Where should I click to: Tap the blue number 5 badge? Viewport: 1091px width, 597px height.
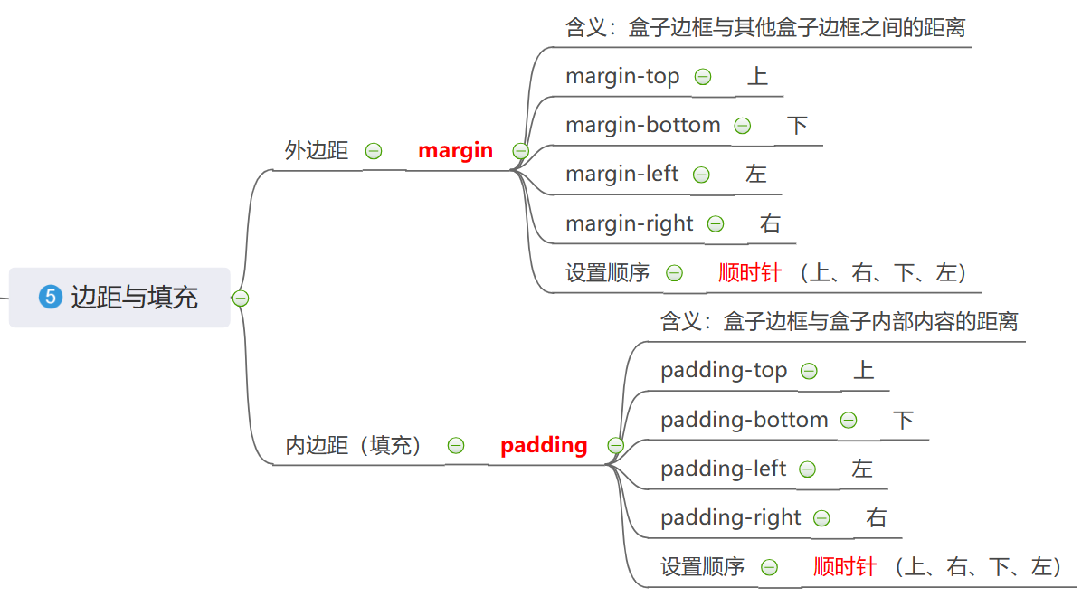50,297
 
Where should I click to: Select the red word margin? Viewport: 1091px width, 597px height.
455,151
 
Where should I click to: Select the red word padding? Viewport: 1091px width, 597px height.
544,445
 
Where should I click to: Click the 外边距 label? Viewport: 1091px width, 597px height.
317,151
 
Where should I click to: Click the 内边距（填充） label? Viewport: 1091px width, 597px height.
354,445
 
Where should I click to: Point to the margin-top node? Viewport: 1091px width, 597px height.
622,77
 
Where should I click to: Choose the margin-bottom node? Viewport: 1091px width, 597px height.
642,126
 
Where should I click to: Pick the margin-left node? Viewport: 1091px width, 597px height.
621,174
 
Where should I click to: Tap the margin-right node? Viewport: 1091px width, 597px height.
629,223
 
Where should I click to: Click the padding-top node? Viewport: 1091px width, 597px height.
724,371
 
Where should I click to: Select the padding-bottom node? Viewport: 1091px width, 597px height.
744,420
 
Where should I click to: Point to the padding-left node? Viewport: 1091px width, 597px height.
723,469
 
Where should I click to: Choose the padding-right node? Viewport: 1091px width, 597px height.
730,517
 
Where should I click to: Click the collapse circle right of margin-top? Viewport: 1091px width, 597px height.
703,78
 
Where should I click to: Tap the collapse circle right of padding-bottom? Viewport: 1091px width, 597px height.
849,421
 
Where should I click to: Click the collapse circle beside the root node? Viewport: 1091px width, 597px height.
241,298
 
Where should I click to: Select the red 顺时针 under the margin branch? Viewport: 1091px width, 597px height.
750,272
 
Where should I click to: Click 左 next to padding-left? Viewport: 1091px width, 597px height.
861,469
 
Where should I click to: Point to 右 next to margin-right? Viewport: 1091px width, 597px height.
770,223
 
